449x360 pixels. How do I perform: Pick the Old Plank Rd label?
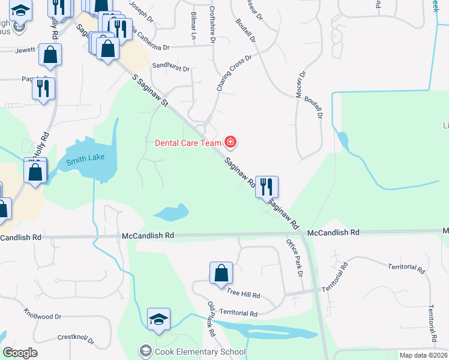211,319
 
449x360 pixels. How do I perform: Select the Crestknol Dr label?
75,334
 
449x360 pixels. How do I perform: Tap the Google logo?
20,352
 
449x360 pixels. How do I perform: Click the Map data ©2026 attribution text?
423,355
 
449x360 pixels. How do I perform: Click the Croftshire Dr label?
213,25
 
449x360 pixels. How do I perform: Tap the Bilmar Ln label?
193,25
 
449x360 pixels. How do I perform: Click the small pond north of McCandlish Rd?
172,212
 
